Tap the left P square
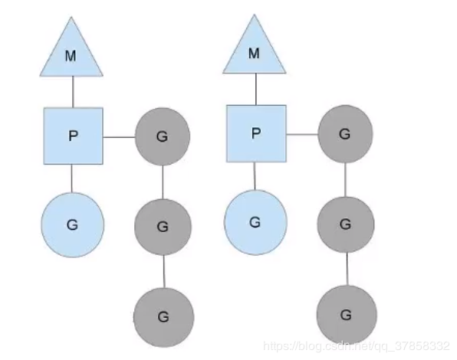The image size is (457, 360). [73, 136]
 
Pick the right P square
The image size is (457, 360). [256, 133]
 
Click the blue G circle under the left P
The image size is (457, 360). [73, 224]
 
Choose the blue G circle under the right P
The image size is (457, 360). [255, 222]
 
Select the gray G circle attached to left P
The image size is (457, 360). [163, 136]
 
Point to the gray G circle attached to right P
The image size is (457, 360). [345, 134]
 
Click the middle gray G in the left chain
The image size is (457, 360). [163, 227]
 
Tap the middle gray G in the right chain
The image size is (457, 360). [346, 224]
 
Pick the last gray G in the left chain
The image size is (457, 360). [164, 317]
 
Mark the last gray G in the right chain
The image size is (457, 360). [347, 315]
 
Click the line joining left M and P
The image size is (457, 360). [73, 92]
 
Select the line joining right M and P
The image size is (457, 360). [256, 89]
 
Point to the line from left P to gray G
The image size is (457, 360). [119, 137]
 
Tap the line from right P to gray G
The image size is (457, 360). [302, 135]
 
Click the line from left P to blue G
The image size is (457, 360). [72, 178]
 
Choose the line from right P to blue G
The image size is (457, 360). [255, 176]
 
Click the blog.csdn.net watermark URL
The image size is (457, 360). [356, 346]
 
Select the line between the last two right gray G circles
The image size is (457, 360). [347, 269]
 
